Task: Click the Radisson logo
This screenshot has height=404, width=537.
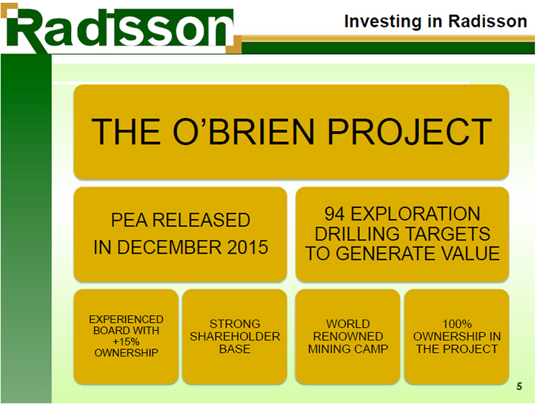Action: click(x=121, y=29)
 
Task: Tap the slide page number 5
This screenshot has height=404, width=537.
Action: click(x=519, y=386)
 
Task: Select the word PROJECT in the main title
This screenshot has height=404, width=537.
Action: click(x=410, y=132)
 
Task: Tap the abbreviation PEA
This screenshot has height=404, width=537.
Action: click(x=130, y=220)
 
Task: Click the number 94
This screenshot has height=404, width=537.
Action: click(x=335, y=214)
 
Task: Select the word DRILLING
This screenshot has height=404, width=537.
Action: click(x=356, y=234)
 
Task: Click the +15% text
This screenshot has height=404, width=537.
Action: click(x=126, y=341)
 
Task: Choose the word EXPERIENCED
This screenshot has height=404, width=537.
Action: click(x=126, y=319)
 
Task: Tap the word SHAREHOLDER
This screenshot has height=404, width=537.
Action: click(x=235, y=336)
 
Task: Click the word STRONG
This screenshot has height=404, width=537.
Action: click(x=235, y=323)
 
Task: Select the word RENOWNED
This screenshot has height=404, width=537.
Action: click(x=348, y=336)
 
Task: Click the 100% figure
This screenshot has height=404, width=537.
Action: click(x=457, y=323)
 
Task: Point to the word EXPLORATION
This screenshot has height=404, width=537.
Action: click(x=416, y=214)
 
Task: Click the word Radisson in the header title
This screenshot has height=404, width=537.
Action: click(x=487, y=21)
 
